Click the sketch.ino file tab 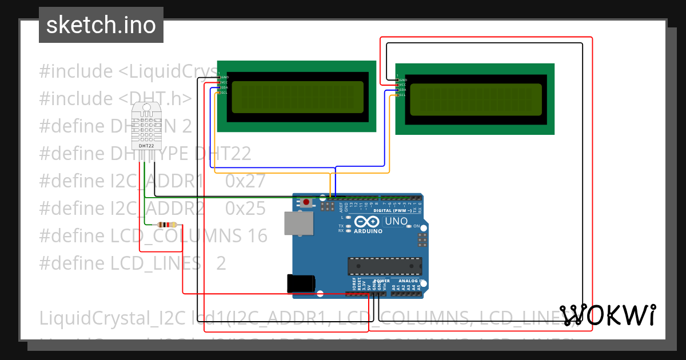tap(101, 25)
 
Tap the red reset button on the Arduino tap(307, 202)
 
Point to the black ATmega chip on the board tap(385, 266)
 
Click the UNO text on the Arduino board tap(396, 221)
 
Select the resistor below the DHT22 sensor tap(165, 225)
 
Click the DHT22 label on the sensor tap(146, 146)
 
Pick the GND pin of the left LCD tap(219, 77)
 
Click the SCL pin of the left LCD tap(219, 93)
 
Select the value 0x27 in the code tap(246, 181)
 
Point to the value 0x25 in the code tap(246, 209)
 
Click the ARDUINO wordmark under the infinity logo tap(368, 231)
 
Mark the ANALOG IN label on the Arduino tap(409, 281)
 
